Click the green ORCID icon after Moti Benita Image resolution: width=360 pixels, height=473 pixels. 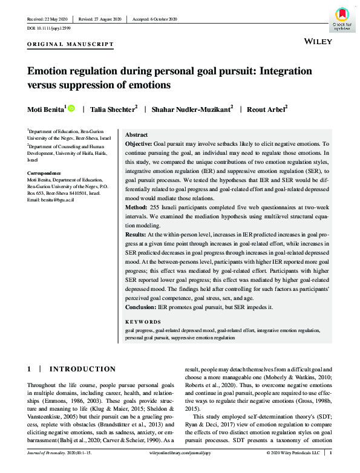pyautogui.click(x=71, y=108)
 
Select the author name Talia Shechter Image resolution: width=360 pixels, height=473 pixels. pyautogui.click(x=113, y=109)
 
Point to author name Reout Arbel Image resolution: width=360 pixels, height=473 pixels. pyautogui.click(x=266, y=109)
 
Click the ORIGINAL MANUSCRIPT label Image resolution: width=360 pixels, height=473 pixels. pyautogui.click(x=70, y=44)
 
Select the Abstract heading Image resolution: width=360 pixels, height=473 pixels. pyautogui.click(x=136, y=135)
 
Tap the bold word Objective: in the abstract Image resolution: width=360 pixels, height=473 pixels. pyautogui.click(x=139, y=145)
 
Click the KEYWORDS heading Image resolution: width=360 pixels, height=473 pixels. pyautogui.click(x=143, y=322)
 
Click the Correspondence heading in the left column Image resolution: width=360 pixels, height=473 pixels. pyautogui.click(x=46, y=173)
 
